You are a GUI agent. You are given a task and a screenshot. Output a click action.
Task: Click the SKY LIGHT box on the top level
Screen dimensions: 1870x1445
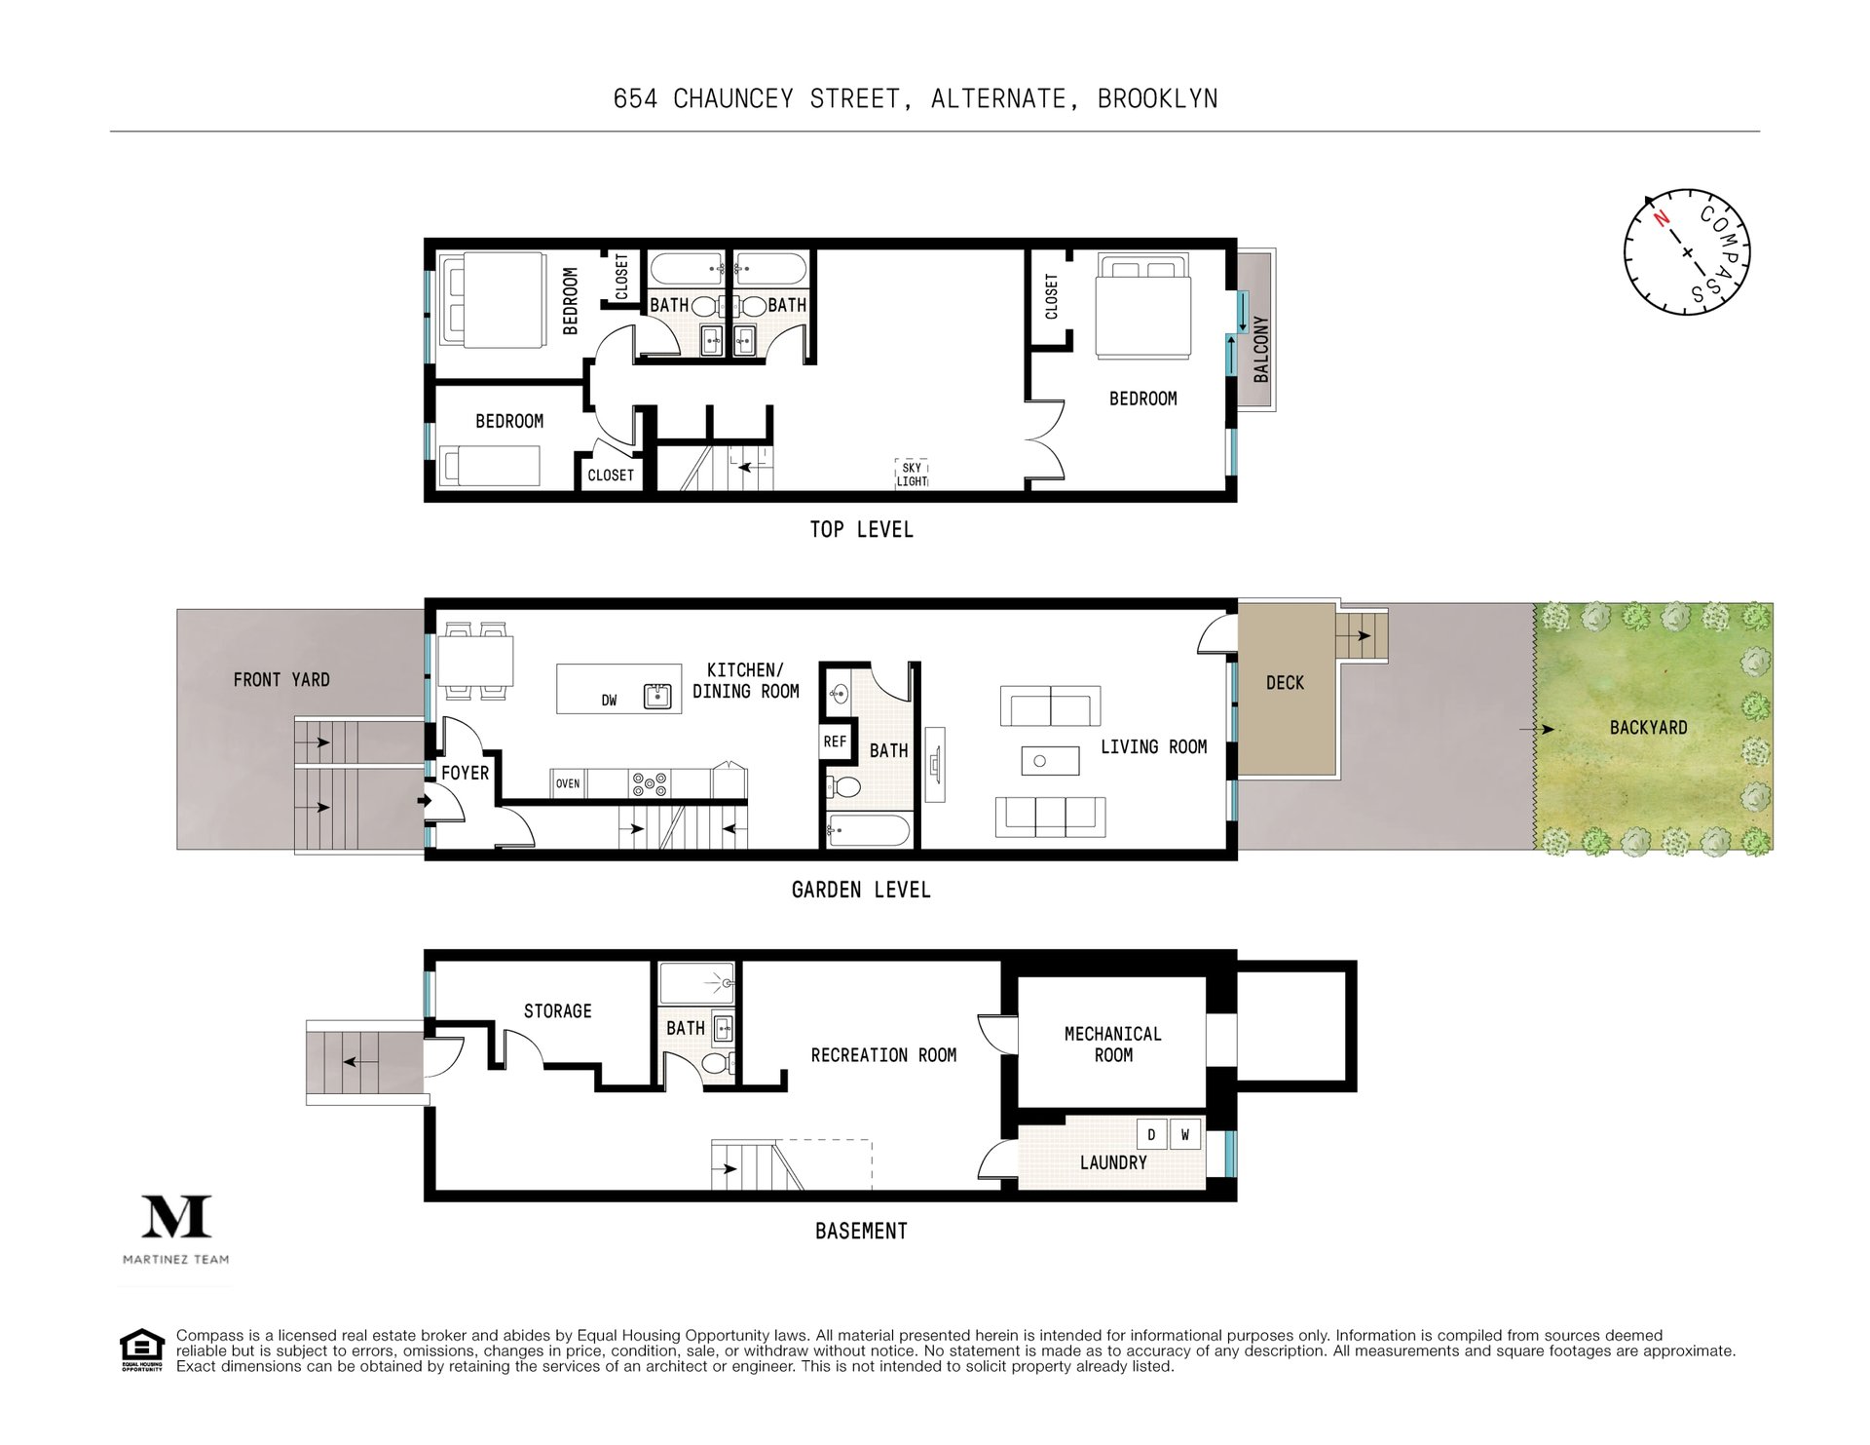912,475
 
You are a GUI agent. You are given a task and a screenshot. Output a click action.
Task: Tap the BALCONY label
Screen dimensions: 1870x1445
1261,349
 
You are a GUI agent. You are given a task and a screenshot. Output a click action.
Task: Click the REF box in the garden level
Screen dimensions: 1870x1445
835,742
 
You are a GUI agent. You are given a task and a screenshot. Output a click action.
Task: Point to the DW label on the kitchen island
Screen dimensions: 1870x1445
609,700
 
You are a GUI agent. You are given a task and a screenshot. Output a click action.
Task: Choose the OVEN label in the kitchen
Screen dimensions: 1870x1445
568,783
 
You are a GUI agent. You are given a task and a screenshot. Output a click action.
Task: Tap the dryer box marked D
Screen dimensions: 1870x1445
1152,1135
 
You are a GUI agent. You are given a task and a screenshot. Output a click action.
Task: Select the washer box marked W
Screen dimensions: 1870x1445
1184,1135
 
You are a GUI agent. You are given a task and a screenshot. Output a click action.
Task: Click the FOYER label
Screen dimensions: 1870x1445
465,773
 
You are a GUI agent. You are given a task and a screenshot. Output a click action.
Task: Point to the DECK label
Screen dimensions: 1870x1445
1285,683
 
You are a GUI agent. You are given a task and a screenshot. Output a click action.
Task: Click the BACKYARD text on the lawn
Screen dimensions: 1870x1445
1648,727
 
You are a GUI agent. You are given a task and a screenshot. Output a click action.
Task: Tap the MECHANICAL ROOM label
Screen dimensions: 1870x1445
1112,1044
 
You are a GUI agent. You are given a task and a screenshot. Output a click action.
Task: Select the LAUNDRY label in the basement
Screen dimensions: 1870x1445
1113,1162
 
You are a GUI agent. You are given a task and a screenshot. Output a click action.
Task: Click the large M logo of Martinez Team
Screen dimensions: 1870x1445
176,1216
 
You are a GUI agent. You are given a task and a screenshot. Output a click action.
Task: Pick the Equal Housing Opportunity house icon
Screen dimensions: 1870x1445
142,1350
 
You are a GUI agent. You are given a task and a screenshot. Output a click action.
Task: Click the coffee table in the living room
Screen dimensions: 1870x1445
1050,761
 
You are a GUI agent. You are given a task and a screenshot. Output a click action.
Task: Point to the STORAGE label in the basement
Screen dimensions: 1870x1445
557,1011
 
